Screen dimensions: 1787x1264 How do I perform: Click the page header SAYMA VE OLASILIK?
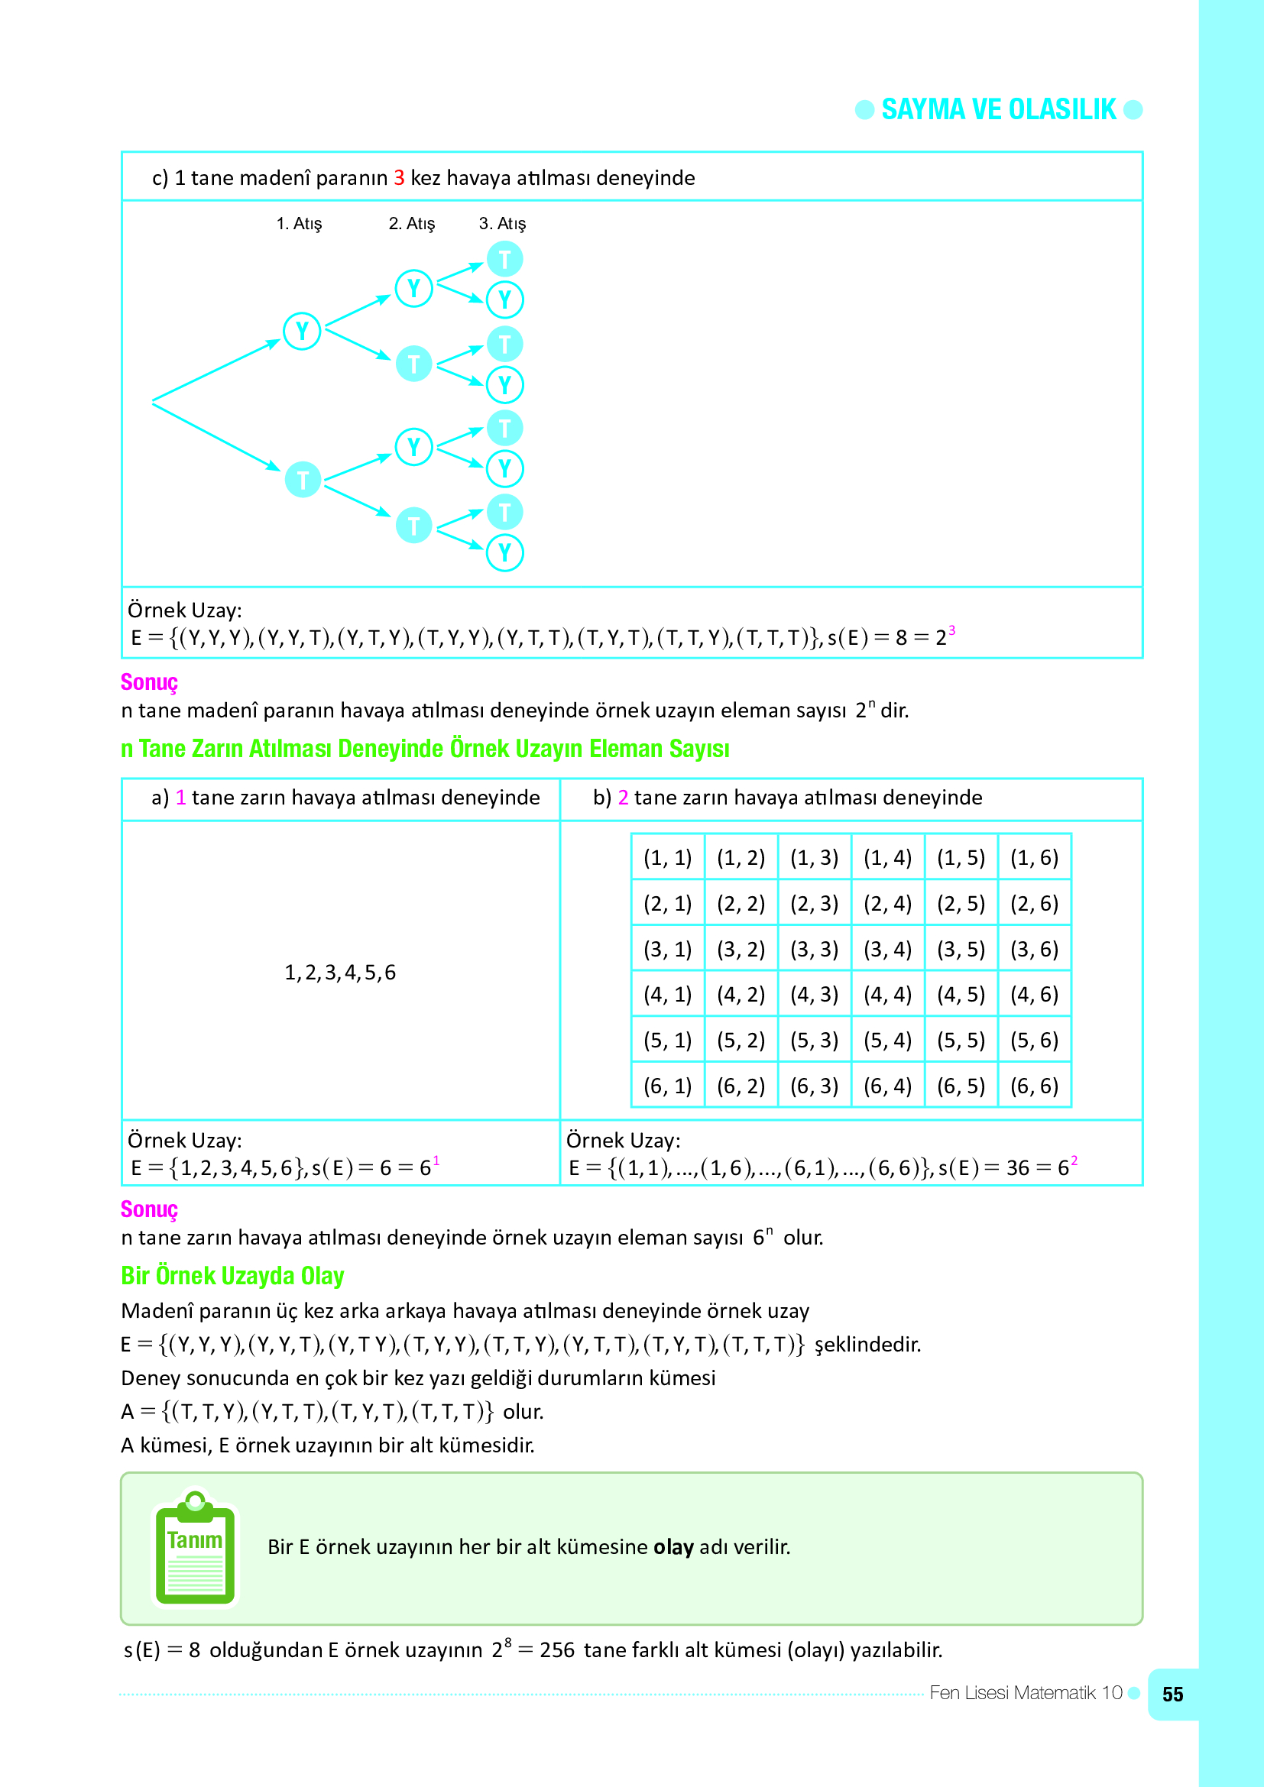998,110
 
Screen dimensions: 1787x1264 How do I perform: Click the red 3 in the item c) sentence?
398,178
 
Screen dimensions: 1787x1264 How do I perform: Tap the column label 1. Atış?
299,224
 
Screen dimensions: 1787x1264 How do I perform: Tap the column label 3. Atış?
502,224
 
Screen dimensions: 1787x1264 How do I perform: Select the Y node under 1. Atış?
302,332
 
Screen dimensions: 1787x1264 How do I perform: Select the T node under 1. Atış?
303,480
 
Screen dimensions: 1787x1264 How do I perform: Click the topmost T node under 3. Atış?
504,259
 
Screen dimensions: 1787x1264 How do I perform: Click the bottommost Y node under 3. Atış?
504,552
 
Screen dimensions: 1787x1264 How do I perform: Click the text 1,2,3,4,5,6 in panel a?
340,972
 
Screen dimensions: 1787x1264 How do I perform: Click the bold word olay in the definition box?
673,1547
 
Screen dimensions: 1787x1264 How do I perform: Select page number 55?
1172,1695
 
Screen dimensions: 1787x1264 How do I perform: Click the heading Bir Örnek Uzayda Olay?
232,1276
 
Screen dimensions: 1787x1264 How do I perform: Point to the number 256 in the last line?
557,1650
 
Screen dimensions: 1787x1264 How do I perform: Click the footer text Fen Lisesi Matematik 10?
1025,1693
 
